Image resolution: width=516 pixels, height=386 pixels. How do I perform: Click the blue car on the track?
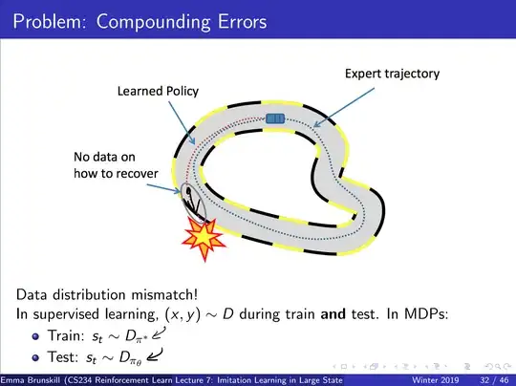click(274, 118)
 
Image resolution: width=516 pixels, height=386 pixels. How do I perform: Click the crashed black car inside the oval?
click(190, 199)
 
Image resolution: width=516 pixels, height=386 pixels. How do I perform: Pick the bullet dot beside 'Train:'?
click(38, 333)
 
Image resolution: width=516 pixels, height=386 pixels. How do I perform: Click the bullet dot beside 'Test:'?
click(38, 355)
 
